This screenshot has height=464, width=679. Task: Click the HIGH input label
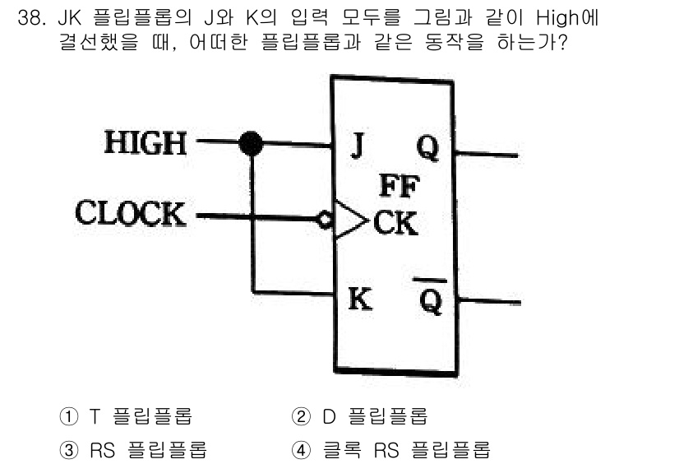[145, 143]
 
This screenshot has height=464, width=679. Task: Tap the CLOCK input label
[130, 215]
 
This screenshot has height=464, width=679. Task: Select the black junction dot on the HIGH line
[251, 144]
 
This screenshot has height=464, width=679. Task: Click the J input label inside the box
[358, 147]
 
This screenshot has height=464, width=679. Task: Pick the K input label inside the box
[360, 299]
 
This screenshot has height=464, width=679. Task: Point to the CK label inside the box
[396, 222]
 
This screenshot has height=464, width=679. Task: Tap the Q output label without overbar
[427, 148]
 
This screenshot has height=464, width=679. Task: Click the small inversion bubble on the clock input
[326, 220]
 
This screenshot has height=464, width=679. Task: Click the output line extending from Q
[487, 154]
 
